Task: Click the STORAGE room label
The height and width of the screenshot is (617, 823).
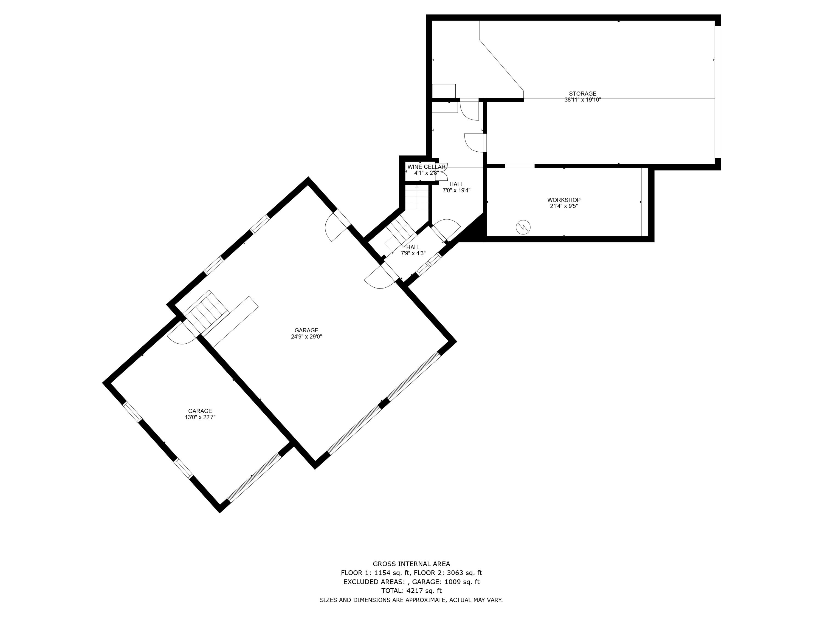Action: point(582,94)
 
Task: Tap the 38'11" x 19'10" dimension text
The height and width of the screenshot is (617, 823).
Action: point(582,100)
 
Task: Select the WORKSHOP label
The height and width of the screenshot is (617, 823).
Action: point(564,200)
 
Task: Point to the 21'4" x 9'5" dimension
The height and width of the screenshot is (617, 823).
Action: point(564,206)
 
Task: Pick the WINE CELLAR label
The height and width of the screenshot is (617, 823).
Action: point(426,167)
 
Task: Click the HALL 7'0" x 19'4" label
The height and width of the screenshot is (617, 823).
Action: point(456,187)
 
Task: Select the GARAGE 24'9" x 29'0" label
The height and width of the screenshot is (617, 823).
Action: point(306,333)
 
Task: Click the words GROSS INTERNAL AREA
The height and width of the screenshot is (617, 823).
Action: point(411,564)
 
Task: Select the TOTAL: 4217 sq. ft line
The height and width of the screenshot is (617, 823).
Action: point(411,591)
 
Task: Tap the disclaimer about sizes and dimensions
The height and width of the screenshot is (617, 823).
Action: point(411,600)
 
